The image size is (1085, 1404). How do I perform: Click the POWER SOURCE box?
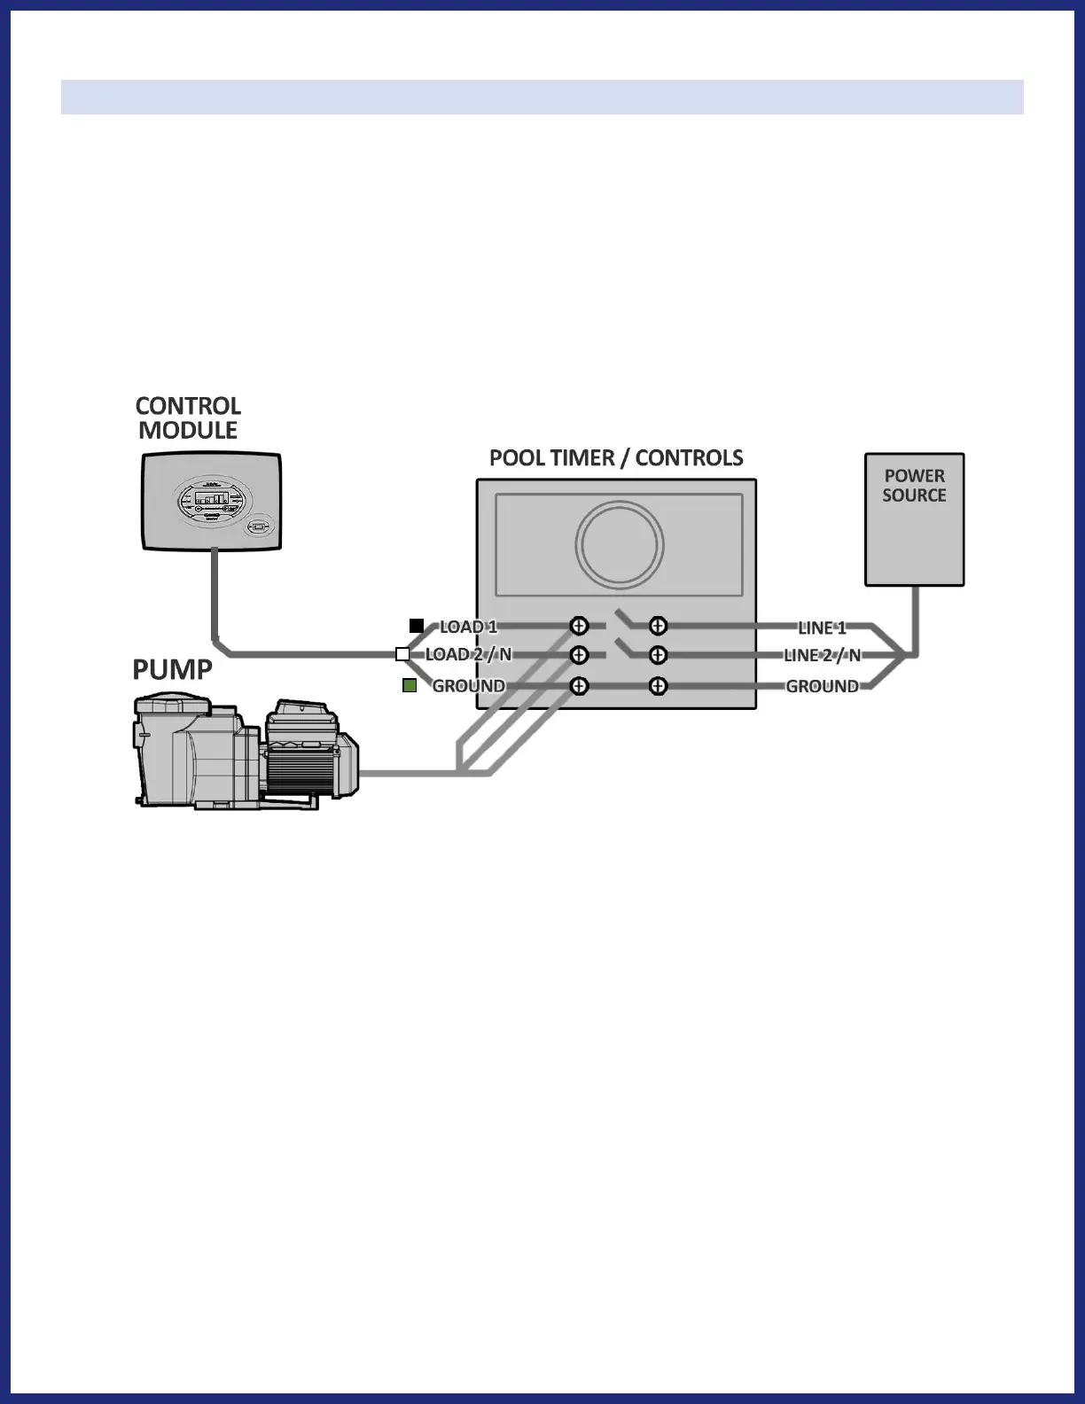coord(914,519)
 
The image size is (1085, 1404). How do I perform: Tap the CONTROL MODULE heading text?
coord(188,418)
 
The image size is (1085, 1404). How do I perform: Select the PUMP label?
coord(172,670)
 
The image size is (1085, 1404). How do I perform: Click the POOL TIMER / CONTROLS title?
coord(616,458)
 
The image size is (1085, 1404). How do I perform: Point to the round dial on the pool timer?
coord(619,544)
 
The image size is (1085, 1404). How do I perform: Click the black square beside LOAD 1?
coord(417,626)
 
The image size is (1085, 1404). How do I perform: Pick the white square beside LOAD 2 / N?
coord(402,654)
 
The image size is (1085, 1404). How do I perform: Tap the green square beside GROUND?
coord(410,685)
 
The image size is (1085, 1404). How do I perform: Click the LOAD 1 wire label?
coord(468,627)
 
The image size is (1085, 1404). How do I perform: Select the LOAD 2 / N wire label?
coord(468,655)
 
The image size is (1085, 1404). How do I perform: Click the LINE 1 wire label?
coord(822,628)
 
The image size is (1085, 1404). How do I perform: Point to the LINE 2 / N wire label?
coord(822,656)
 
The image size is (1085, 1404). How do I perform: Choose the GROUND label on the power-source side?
coord(822,686)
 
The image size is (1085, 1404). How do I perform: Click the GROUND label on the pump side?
coord(468,686)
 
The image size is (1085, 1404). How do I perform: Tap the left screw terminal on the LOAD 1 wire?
coord(579,626)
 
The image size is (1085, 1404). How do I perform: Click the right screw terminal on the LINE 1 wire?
coord(658,626)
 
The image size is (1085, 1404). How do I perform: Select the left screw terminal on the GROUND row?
coord(579,686)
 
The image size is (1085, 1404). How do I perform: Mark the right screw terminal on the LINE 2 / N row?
coord(658,655)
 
